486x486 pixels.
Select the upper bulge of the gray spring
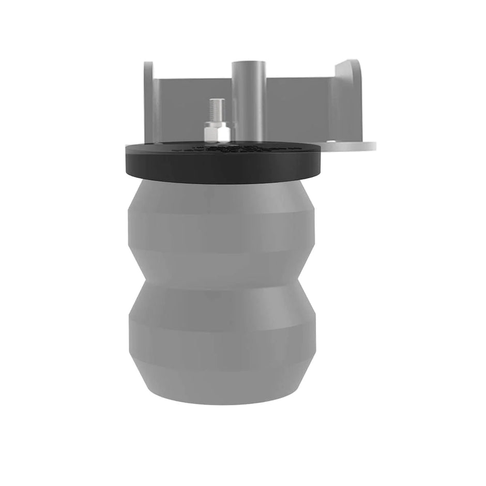point(220,227)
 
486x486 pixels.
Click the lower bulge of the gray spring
point(220,331)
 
